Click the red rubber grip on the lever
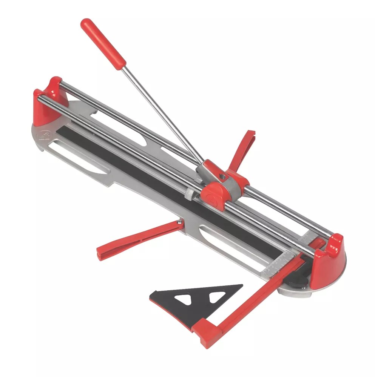point(102,43)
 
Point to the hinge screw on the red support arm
point(178,225)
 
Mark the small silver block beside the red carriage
point(190,194)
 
